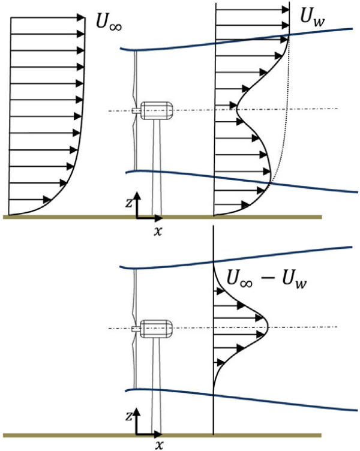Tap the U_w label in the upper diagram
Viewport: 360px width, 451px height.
click(313, 20)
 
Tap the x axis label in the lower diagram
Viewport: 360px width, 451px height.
click(160, 444)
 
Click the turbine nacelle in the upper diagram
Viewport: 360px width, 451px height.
click(158, 110)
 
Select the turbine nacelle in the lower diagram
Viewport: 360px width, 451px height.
click(158, 327)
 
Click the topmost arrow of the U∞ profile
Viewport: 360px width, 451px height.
click(48, 17)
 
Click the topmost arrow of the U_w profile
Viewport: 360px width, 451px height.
click(252, 11)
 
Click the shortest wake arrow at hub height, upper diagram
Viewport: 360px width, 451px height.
click(226, 110)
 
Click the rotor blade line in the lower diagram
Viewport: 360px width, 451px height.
click(136, 360)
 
